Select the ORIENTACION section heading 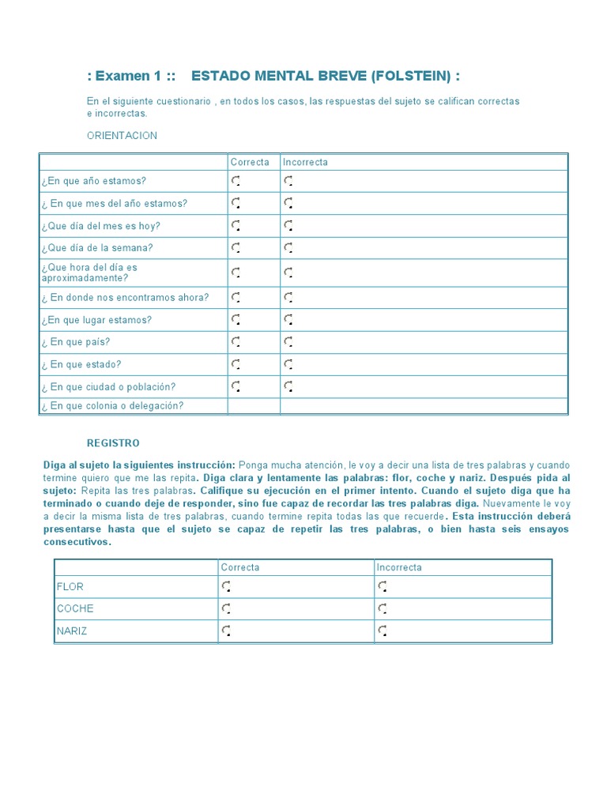point(122,135)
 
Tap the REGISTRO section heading point(113,443)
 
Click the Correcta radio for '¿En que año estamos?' point(236,181)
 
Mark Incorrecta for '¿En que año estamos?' point(288,181)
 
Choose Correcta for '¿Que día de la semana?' point(236,248)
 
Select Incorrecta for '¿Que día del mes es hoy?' point(288,226)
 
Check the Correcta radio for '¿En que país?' point(236,342)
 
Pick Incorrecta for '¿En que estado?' point(288,364)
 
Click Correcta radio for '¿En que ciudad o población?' point(236,386)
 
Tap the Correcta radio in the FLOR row point(226,586)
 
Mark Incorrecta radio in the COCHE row point(383,608)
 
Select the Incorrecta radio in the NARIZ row point(383,630)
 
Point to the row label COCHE point(75,608)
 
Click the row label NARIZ point(72,630)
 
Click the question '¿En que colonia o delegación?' point(112,406)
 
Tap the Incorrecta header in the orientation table point(305,162)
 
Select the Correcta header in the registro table point(239,567)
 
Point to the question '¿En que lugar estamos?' point(96,320)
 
